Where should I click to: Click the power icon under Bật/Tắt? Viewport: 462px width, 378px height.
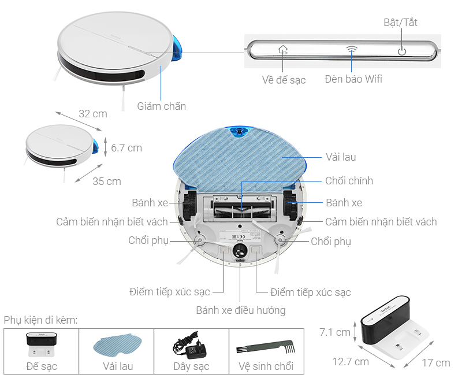pos(402,51)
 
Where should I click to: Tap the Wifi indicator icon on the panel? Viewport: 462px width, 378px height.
pos(352,50)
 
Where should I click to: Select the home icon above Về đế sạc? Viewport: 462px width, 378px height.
pos(283,50)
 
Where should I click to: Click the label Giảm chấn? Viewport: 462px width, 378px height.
pos(162,106)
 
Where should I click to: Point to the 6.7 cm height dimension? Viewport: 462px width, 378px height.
pos(126,148)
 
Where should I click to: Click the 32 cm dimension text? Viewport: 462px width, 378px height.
pos(93,114)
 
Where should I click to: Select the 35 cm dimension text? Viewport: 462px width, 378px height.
pos(107,181)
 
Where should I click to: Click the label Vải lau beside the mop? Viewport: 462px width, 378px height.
pos(341,157)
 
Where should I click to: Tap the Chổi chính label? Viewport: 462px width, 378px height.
pos(349,181)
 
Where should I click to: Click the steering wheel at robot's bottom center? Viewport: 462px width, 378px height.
pos(240,250)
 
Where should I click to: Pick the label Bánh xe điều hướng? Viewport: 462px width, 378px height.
pos(241,310)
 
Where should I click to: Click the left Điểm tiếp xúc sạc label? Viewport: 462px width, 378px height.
pos(169,292)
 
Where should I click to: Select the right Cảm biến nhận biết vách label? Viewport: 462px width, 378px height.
pos(381,222)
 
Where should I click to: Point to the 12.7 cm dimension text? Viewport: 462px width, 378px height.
pos(350,362)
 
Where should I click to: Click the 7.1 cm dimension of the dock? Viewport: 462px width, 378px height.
pos(336,332)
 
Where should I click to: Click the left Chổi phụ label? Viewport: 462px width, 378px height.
pos(148,241)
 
